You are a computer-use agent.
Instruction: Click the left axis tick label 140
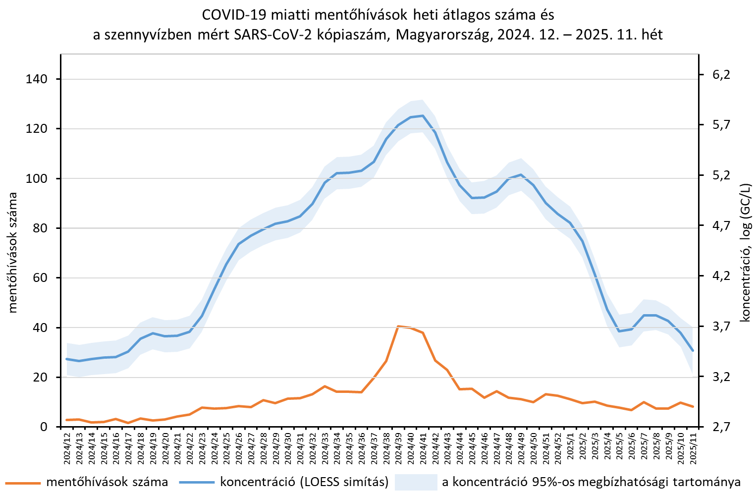pos(36,79)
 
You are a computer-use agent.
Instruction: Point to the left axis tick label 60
pos(40,278)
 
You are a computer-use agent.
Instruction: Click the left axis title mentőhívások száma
pos(12,253)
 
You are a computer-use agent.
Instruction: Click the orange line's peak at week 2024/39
pos(398,326)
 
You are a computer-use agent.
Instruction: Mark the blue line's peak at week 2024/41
pos(423,115)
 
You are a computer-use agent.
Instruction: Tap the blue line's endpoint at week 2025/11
pos(693,351)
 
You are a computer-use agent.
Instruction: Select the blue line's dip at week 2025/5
pos(619,331)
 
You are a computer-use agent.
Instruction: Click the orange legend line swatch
pos(23,483)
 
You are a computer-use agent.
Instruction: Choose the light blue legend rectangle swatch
pos(416,482)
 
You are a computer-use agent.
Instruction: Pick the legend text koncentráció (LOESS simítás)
pos(304,482)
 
